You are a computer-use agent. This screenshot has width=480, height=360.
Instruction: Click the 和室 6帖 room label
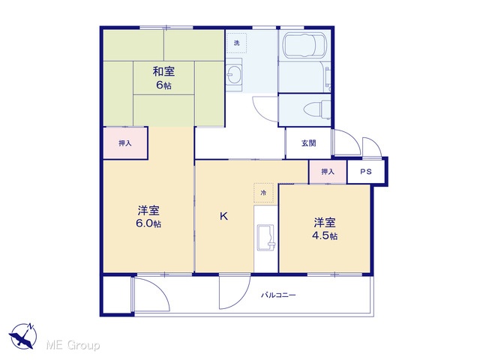(x=163, y=78)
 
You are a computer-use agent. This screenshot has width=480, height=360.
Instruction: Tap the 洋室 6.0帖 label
(x=148, y=217)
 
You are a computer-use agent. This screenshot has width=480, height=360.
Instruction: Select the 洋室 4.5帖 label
(x=325, y=229)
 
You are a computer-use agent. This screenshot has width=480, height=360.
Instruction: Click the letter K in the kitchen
(x=223, y=217)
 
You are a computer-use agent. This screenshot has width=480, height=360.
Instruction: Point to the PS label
(x=366, y=172)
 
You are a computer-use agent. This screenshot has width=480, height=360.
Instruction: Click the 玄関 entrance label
(x=308, y=143)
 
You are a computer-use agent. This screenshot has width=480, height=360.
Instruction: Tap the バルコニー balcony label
(x=278, y=295)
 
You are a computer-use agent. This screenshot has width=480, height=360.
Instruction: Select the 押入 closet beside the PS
(x=328, y=172)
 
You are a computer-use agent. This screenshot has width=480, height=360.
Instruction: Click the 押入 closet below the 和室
(x=125, y=143)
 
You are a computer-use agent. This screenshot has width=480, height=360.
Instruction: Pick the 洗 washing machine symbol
(x=237, y=43)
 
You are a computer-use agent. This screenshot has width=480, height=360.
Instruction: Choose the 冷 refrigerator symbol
(x=263, y=193)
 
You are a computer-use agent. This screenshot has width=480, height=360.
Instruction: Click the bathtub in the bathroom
(x=304, y=46)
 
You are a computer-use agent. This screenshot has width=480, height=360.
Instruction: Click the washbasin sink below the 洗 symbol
(x=234, y=75)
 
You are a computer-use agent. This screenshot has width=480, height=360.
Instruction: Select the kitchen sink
(x=266, y=238)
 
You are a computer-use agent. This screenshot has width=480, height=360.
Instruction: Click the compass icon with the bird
(x=23, y=336)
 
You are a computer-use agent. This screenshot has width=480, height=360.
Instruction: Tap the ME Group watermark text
(x=73, y=345)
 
